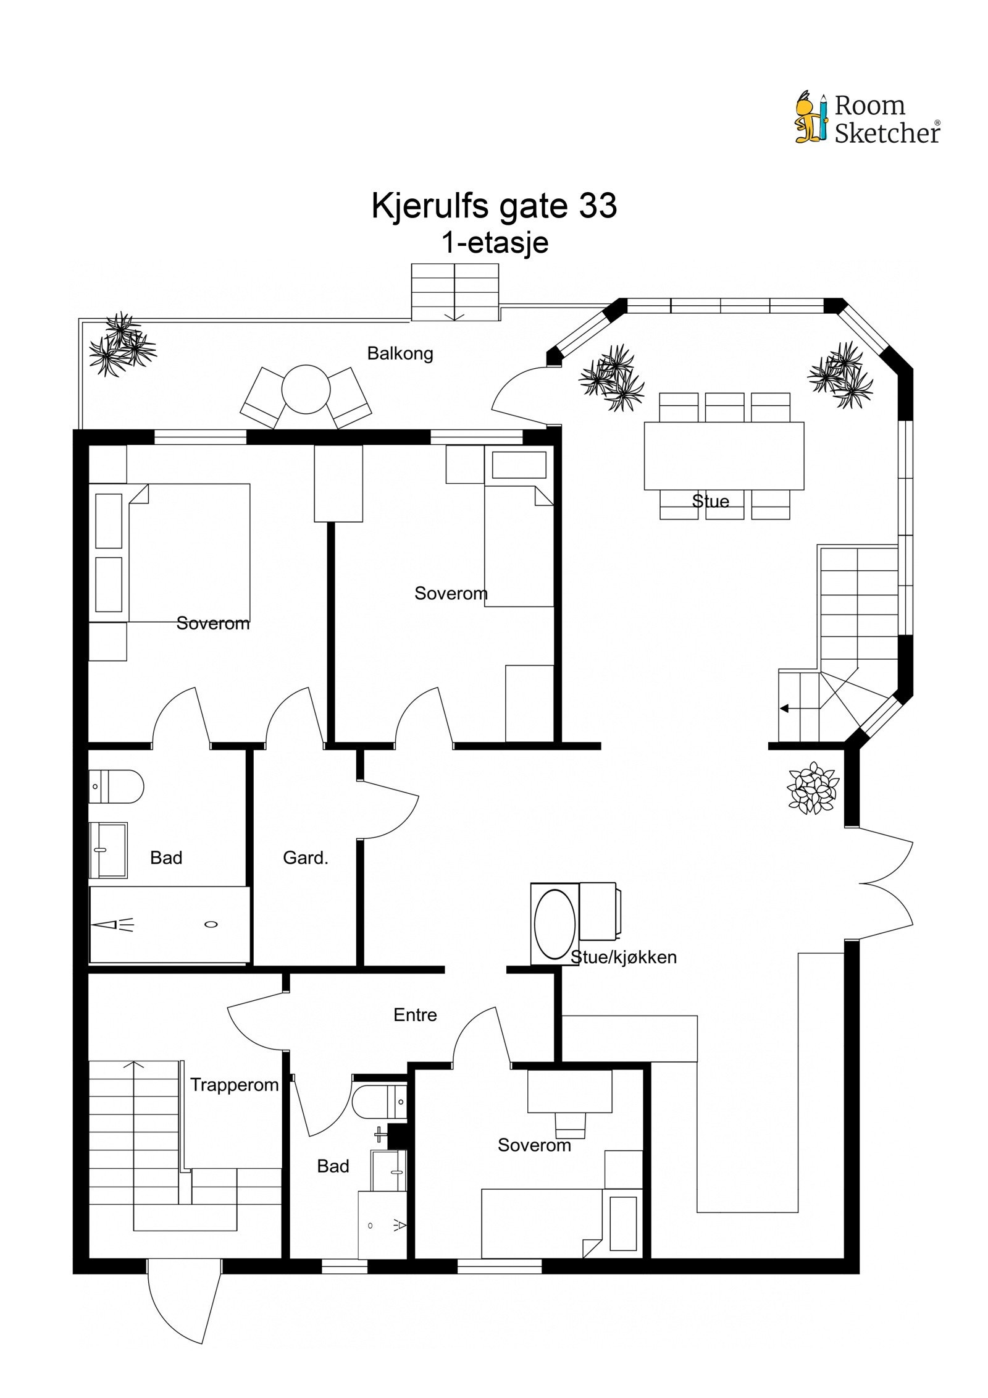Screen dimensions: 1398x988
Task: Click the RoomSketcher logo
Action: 867,118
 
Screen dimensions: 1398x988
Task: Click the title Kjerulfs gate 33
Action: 493,206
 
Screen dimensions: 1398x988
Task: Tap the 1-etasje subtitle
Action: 493,242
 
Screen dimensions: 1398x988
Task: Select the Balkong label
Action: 400,353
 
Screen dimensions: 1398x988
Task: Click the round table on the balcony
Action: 306,389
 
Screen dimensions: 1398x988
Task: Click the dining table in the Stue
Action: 723,455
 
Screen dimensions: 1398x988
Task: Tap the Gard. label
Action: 305,857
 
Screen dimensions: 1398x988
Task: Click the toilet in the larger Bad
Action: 116,786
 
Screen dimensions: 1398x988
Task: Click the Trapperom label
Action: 234,1085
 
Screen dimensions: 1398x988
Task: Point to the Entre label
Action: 415,1014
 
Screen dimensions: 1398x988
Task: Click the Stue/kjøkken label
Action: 623,957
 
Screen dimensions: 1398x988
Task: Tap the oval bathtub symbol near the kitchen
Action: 554,924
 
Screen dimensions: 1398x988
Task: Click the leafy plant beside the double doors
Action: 812,788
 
